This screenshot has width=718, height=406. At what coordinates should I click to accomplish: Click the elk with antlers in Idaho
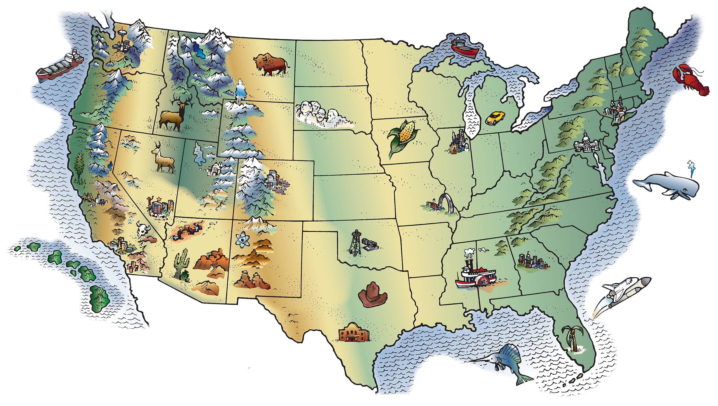coord(174,115)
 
